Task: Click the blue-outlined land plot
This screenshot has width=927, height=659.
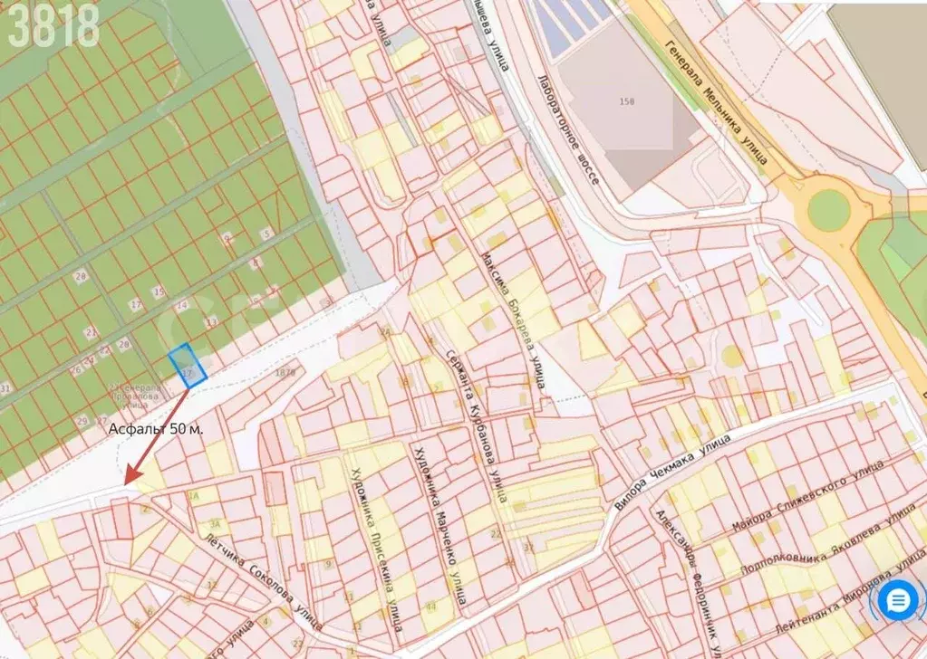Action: coord(188,366)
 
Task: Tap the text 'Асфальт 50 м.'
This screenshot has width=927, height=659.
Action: coord(156,428)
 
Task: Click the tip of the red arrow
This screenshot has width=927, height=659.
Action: coord(126,482)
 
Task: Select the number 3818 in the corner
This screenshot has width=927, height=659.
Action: coord(53,26)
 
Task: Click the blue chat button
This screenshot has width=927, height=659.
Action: coord(899,601)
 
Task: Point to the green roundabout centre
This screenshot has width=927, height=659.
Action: coord(828,210)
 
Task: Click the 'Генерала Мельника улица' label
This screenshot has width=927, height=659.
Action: coord(715,103)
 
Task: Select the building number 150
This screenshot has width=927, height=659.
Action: coord(626,101)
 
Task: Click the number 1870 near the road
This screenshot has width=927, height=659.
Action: coord(285,371)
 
